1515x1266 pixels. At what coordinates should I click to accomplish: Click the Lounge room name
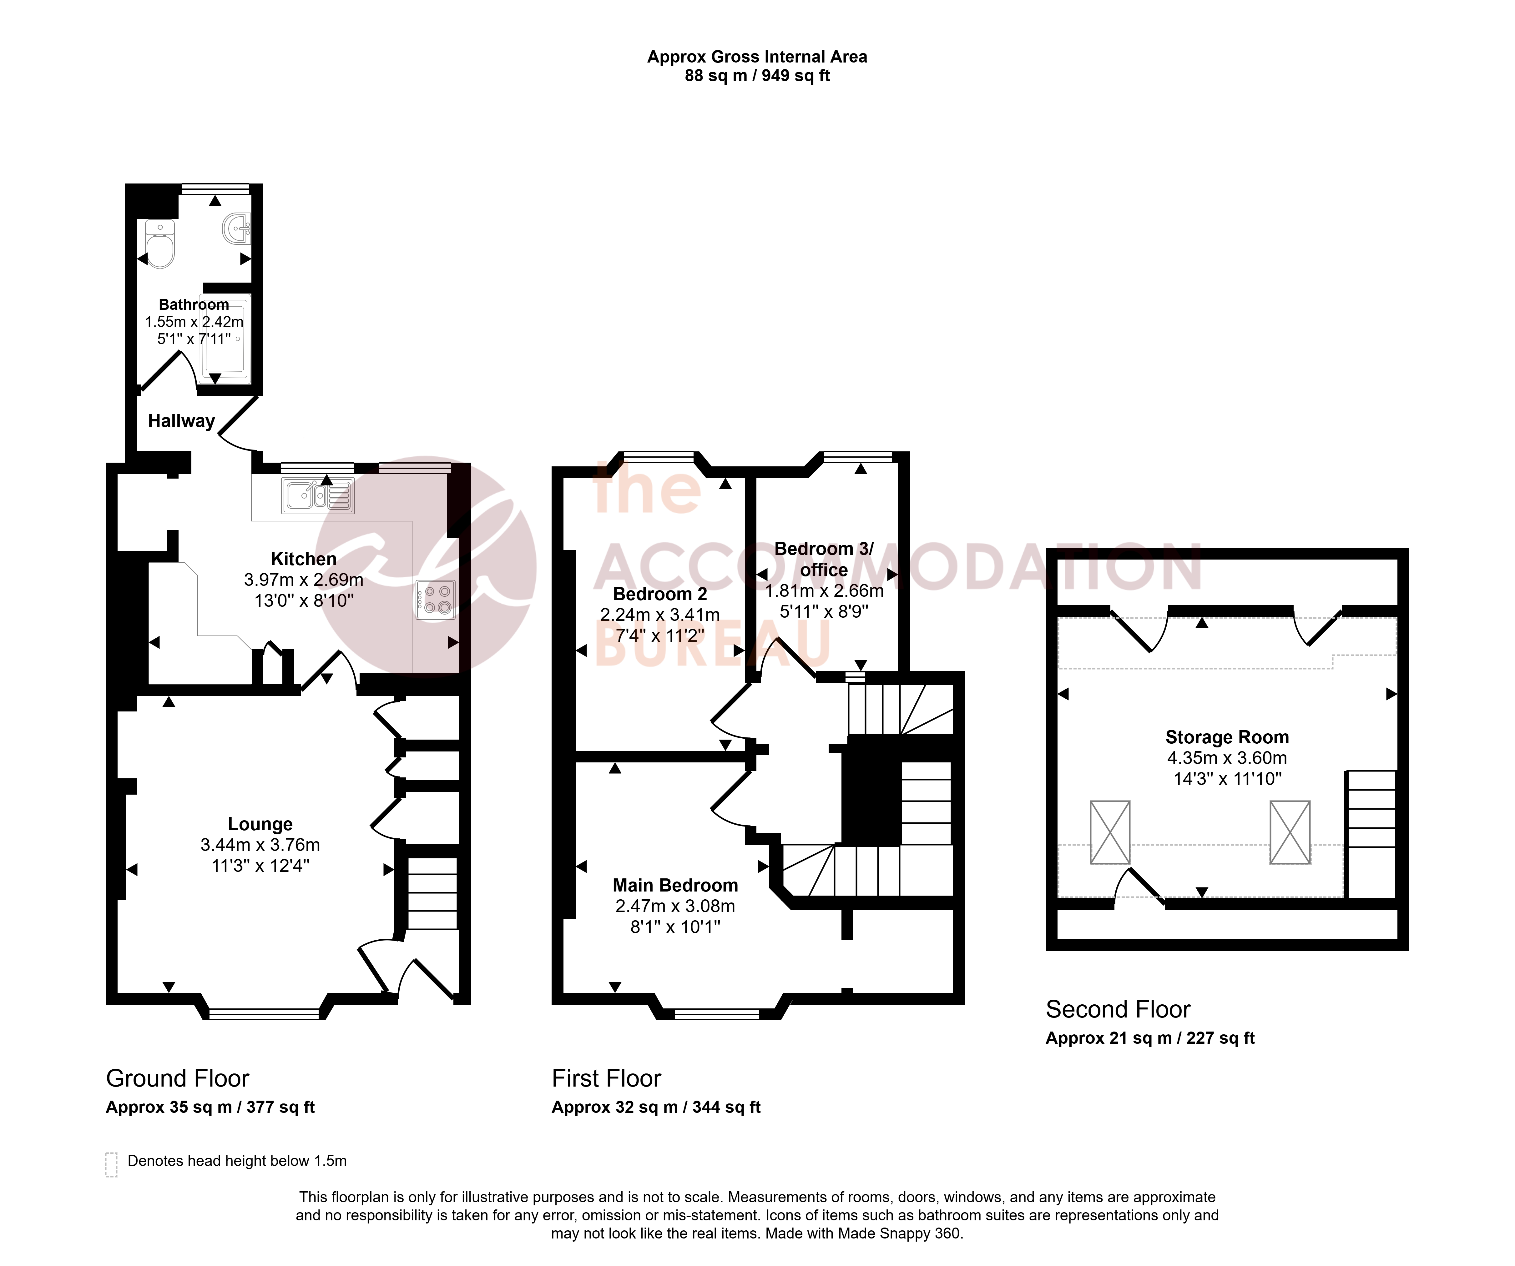(260, 824)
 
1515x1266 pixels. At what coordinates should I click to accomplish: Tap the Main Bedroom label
(675, 885)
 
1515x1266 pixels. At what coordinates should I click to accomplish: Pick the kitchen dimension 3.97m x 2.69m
(304, 579)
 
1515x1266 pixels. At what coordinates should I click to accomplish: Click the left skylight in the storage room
(1110, 832)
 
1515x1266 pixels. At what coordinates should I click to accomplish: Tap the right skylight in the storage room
(1290, 832)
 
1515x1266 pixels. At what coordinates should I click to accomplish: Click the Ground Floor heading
(178, 1078)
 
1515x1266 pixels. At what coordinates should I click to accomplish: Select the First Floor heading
(607, 1078)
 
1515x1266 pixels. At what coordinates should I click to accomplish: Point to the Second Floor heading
(1118, 1009)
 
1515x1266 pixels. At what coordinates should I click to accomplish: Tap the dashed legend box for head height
(111, 1164)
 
